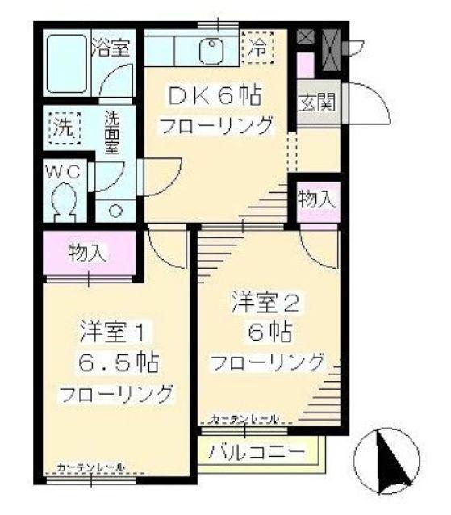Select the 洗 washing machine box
tap(61, 127)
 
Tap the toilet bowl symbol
tap(61, 200)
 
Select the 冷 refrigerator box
tap(259, 46)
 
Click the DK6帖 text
tap(214, 94)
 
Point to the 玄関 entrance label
tap(312, 103)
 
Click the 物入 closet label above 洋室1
tap(87, 252)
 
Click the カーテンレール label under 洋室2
tap(244, 419)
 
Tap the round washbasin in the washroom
tap(115, 211)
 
